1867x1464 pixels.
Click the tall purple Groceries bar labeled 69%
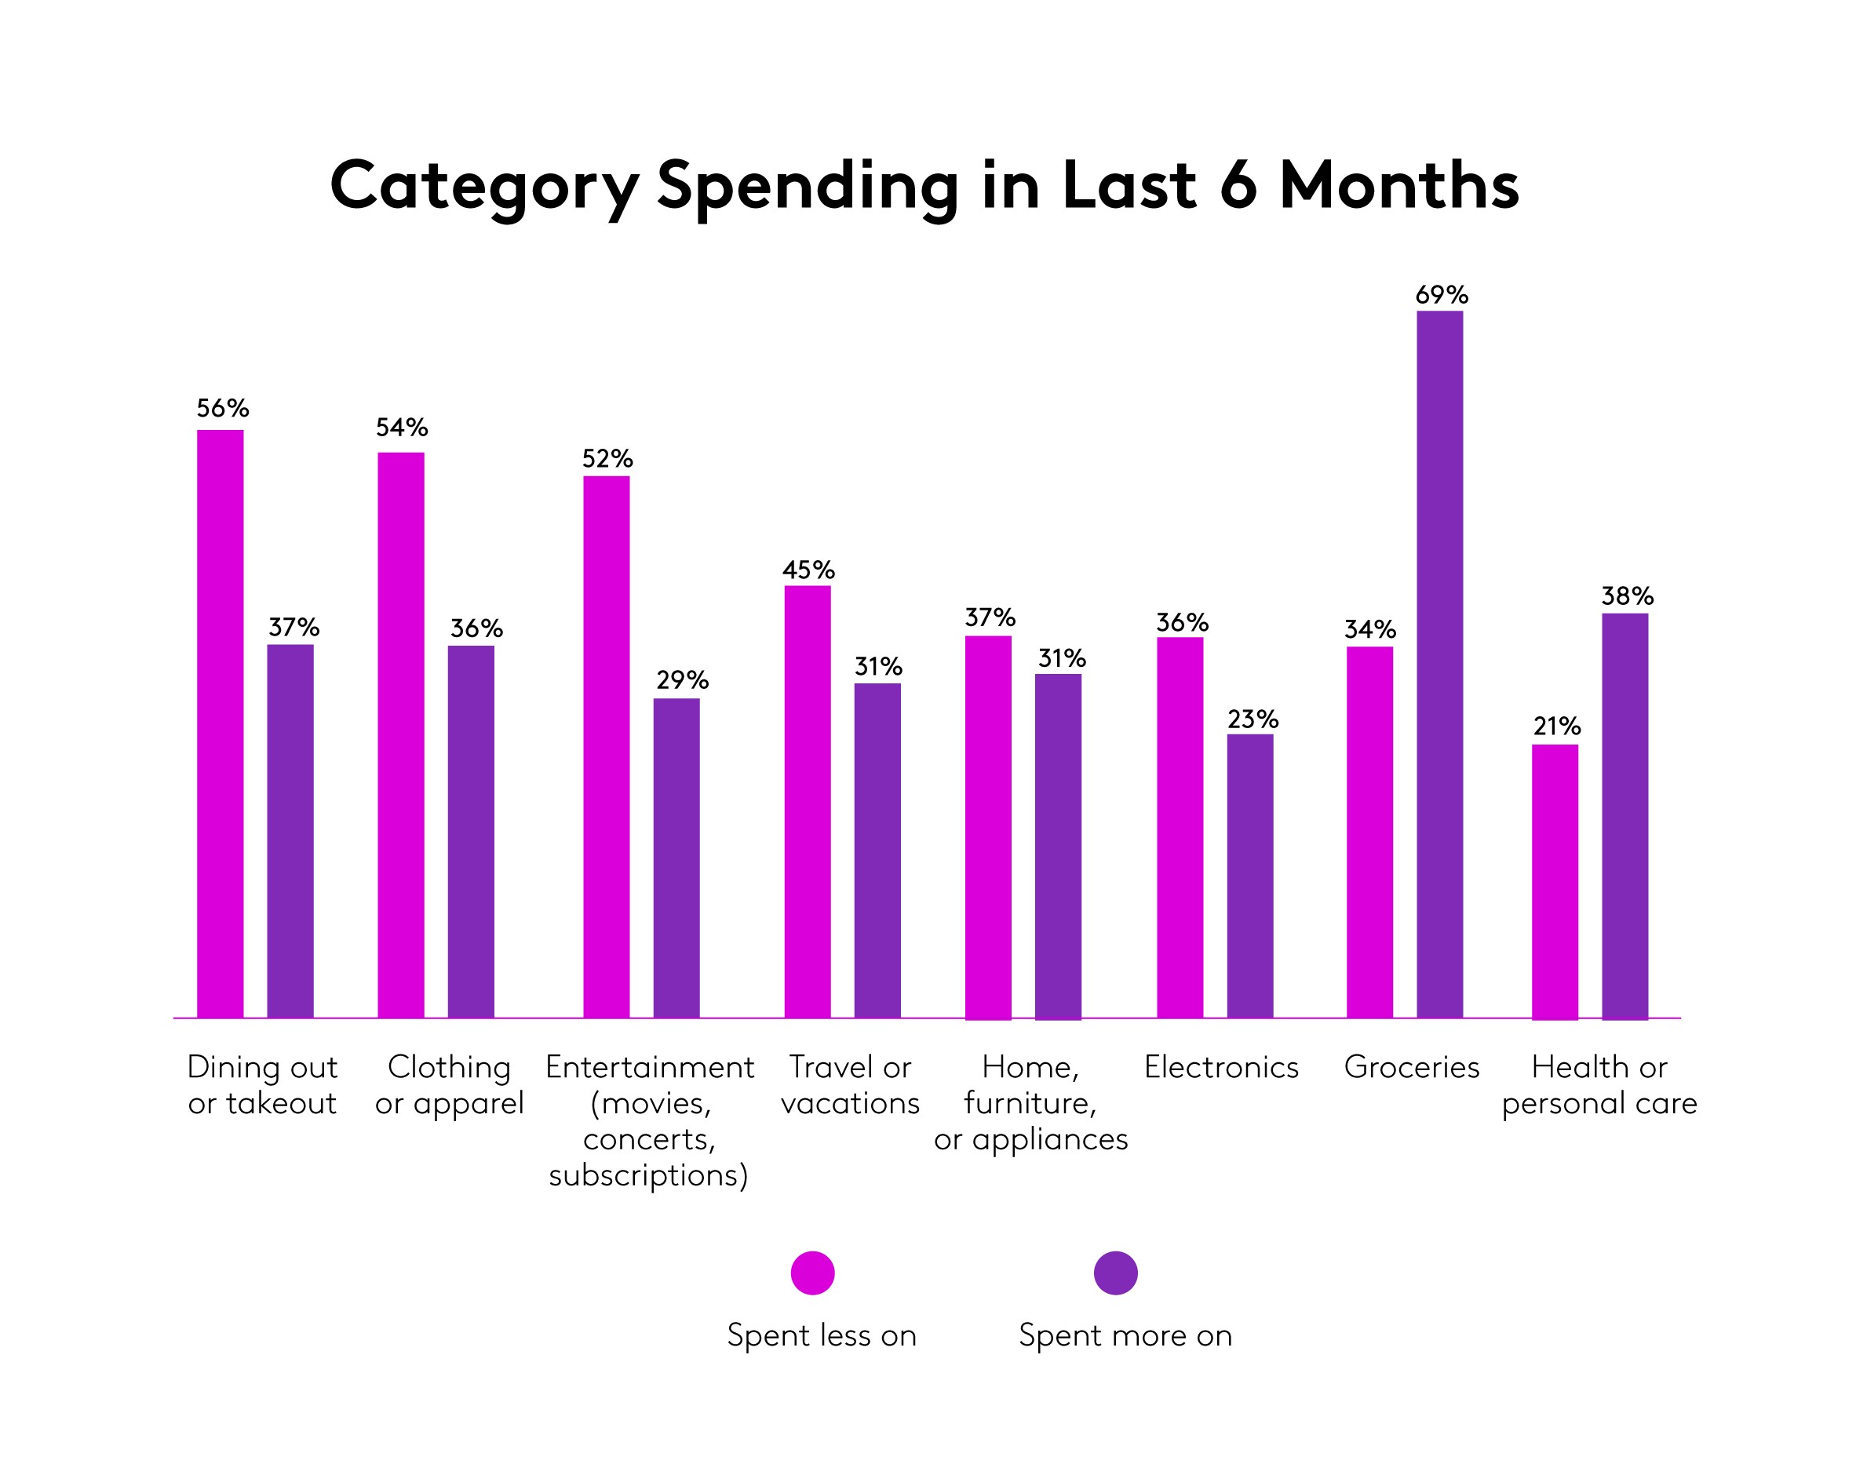point(1439,665)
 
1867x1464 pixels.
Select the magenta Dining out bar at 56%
point(221,724)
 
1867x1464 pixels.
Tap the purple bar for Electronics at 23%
point(1250,876)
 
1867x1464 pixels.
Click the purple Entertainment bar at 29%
point(676,858)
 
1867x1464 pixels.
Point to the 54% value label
point(401,428)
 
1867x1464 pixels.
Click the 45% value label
point(808,570)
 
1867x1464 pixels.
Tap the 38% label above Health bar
point(1627,596)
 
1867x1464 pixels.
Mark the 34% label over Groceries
point(1369,630)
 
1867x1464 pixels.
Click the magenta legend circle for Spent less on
point(812,1273)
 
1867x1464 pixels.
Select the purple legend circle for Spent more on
point(1115,1273)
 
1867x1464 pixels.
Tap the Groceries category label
point(1411,1067)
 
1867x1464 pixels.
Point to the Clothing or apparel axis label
point(449,1085)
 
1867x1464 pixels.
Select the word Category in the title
point(484,187)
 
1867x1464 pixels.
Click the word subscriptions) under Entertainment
point(649,1175)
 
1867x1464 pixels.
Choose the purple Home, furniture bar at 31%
point(1058,846)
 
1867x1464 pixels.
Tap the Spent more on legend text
point(1125,1335)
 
